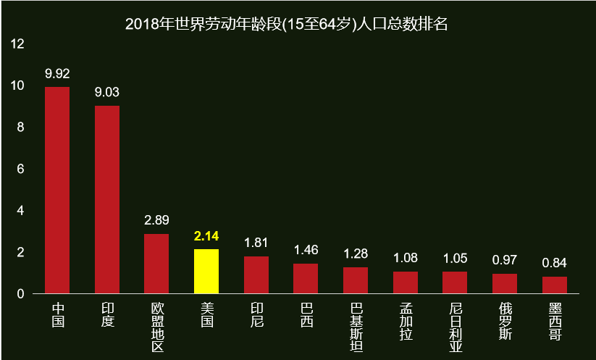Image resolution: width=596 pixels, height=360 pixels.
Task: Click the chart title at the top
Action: pyautogui.click(x=287, y=24)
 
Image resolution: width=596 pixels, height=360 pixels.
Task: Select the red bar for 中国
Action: pyautogui.click(x=57, y=190)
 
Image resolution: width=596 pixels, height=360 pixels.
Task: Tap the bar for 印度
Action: pyautogui.click(x=107, y=199)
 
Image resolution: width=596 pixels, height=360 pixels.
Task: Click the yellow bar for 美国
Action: pyautogui.click(x=206, y=271)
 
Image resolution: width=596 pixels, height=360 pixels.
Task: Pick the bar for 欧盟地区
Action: pyautogui.click(x=156, y=264)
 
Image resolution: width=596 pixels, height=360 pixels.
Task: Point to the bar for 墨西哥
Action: pyautogui.click(x=555, y=285)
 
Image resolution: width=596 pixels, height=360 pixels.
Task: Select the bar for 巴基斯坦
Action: pyautogui.click(x=356, y=280)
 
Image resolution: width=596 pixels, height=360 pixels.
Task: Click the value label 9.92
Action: pyautogui.click(x=57, y=74)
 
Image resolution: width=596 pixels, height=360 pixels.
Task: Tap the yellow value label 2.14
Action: pyautogui.click(x=206, y=236)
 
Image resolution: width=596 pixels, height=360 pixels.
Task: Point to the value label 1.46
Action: pyautogui.click(x=306, y=250)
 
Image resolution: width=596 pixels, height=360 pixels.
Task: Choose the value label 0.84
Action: pyautogui.click(x=555, y=263)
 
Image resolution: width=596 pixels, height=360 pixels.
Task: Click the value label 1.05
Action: pyautogui.click(x=455, y=259)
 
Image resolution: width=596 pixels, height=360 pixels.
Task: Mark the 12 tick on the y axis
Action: pyautogui.click(x=18, y=44)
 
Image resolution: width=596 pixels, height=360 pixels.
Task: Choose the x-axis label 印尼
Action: pyautogui.click(x=256, y=314)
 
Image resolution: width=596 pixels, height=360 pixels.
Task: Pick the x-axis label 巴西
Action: pyautogui.click(x=306, y=314)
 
